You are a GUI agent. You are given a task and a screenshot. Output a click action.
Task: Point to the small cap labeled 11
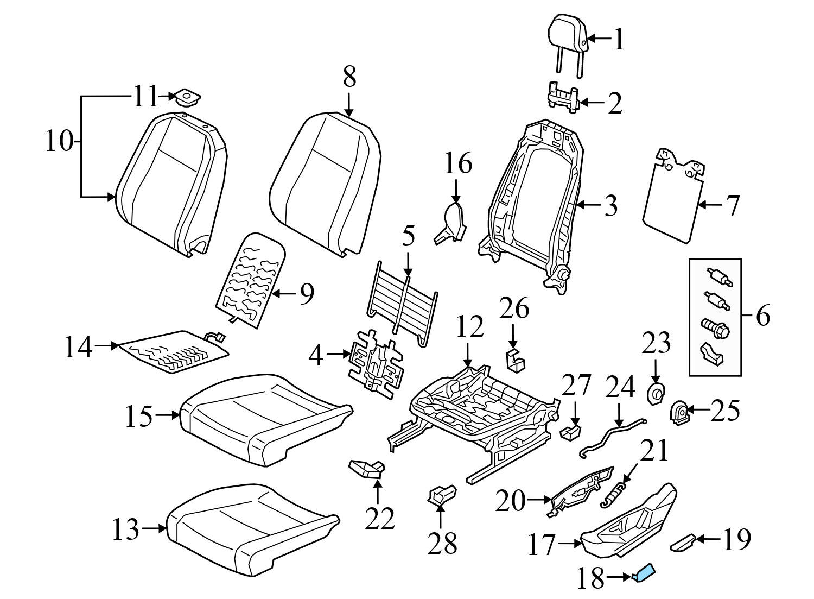pos(187,98)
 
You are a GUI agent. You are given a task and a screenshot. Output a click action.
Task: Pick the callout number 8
pos(349,78)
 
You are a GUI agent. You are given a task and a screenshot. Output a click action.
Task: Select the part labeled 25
pos(679,413)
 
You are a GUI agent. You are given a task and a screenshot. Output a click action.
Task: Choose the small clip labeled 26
pos(516,361)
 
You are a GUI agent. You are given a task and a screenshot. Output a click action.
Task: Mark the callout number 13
pos(125,529)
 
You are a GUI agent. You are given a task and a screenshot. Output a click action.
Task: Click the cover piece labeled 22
pos(367,468)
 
